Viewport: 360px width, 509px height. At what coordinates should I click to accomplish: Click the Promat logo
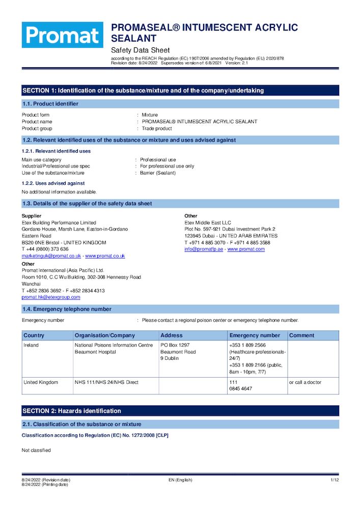62,35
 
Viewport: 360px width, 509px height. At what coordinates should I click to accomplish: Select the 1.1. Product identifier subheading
50,104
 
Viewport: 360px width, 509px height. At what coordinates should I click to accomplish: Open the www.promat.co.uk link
105,256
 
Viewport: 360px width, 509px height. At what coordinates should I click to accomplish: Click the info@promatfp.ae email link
204,249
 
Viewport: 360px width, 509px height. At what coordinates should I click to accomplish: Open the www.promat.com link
246,249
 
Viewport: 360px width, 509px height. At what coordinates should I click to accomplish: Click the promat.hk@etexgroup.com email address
51,297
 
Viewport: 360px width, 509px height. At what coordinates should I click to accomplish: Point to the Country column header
34,335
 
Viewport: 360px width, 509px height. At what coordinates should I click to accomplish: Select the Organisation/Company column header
105,335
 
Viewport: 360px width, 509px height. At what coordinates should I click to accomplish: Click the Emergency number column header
255,335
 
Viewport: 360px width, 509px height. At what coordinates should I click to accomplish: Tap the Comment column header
302,335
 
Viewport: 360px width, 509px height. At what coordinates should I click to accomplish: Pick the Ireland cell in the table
31,345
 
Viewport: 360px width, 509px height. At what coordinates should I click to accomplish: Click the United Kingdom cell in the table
41,382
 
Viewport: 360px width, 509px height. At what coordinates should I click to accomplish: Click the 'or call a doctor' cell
305,382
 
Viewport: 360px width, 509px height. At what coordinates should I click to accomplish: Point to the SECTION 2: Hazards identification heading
72,411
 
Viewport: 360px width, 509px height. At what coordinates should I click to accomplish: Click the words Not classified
36,450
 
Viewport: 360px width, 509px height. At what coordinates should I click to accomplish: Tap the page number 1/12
335,480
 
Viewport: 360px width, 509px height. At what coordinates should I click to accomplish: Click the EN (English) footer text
180,480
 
